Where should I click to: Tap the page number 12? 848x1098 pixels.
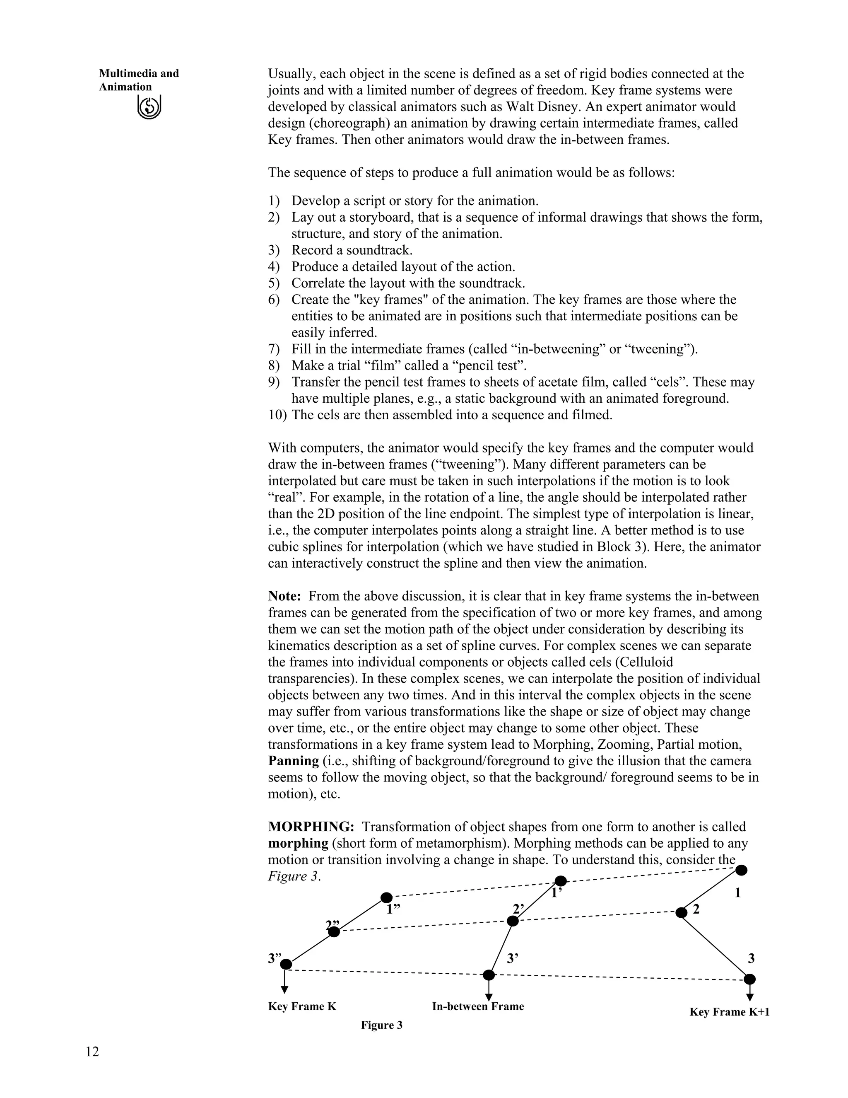point(92,1051)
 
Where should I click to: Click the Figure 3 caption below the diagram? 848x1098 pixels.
point(381,1025)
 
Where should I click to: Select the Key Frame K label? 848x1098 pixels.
point(302,1006)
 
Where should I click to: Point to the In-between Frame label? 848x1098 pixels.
point(478,1006)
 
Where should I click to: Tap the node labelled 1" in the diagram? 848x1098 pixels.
point(386,897)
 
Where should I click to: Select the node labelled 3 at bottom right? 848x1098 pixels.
point(749,979)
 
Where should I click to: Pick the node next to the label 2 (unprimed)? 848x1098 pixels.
point(681,912)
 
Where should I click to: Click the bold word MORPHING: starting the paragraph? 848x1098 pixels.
point(311,827)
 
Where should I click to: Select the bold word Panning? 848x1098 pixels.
point(294,761)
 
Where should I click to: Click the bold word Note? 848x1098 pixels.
point(284,596)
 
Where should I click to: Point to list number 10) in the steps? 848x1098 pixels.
point(277,415)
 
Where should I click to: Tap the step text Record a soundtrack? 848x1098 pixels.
point(352,250)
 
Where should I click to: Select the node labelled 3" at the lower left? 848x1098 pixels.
point(286,964)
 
